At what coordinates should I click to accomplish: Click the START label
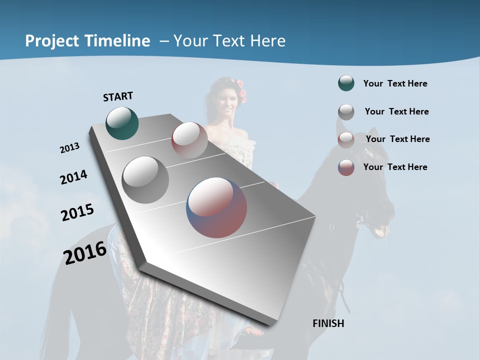[118, 96]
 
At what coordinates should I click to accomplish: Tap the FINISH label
[328, 323]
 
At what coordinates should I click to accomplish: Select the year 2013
[70, 148]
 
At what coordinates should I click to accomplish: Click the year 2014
[73, 177]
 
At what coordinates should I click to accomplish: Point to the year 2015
[77, 212]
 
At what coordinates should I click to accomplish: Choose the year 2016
[85, 252]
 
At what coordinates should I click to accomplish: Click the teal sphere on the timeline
[122, 123]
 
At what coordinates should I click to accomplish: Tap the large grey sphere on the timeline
[145, 179]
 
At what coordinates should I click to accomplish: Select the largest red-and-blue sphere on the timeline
[216, 207]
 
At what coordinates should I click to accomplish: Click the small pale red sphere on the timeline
[189, 139]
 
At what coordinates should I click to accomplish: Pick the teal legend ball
[346, 83]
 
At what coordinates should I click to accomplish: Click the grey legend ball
[346, 112]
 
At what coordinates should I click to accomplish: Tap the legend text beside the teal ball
[395, 83]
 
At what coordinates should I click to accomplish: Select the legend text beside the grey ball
[396, 111]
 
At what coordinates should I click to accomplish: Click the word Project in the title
[52, 41]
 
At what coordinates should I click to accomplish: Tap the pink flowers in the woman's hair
[242, 92]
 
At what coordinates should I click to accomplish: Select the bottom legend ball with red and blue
[346, 167]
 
